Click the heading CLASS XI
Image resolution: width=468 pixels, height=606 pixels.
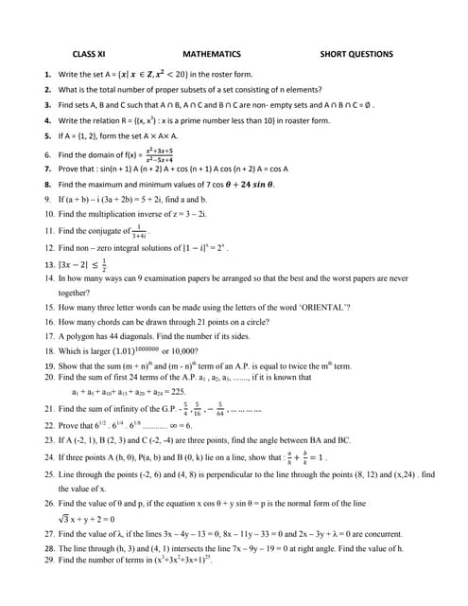click(x=92, y=55)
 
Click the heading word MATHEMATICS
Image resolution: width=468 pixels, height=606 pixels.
click(x=212, y=55)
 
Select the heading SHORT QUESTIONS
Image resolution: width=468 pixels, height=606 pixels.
click(x=356, y=55)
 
